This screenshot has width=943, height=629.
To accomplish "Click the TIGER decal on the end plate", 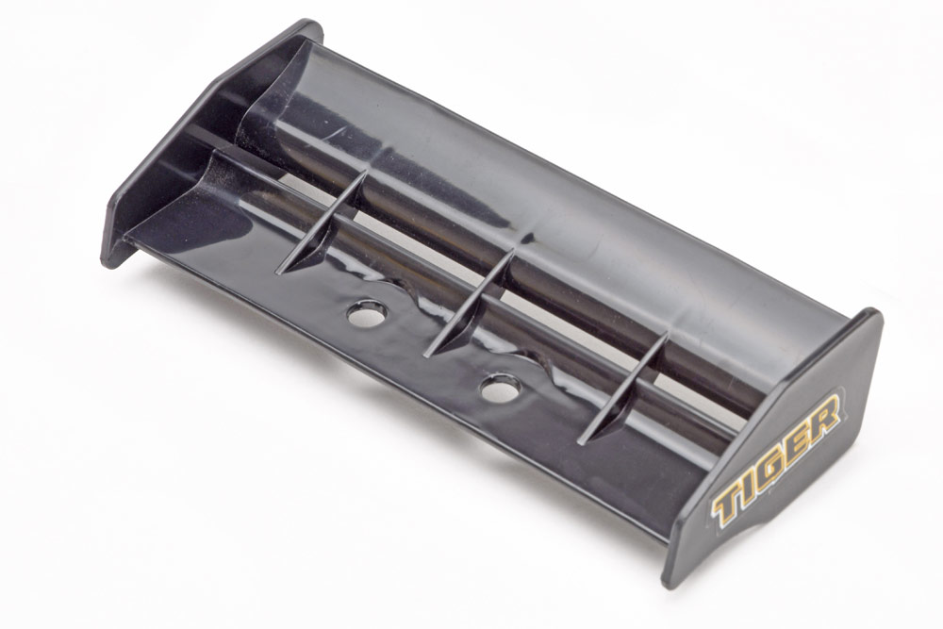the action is click(x=776, y=459).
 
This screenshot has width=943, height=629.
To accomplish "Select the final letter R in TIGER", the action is click(x=824, y=415).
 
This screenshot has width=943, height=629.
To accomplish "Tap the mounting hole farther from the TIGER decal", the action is click(x=368, y=313).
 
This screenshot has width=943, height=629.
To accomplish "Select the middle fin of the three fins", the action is click(x=470, y=305).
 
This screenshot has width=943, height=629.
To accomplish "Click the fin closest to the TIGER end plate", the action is click(x=623, y=388).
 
